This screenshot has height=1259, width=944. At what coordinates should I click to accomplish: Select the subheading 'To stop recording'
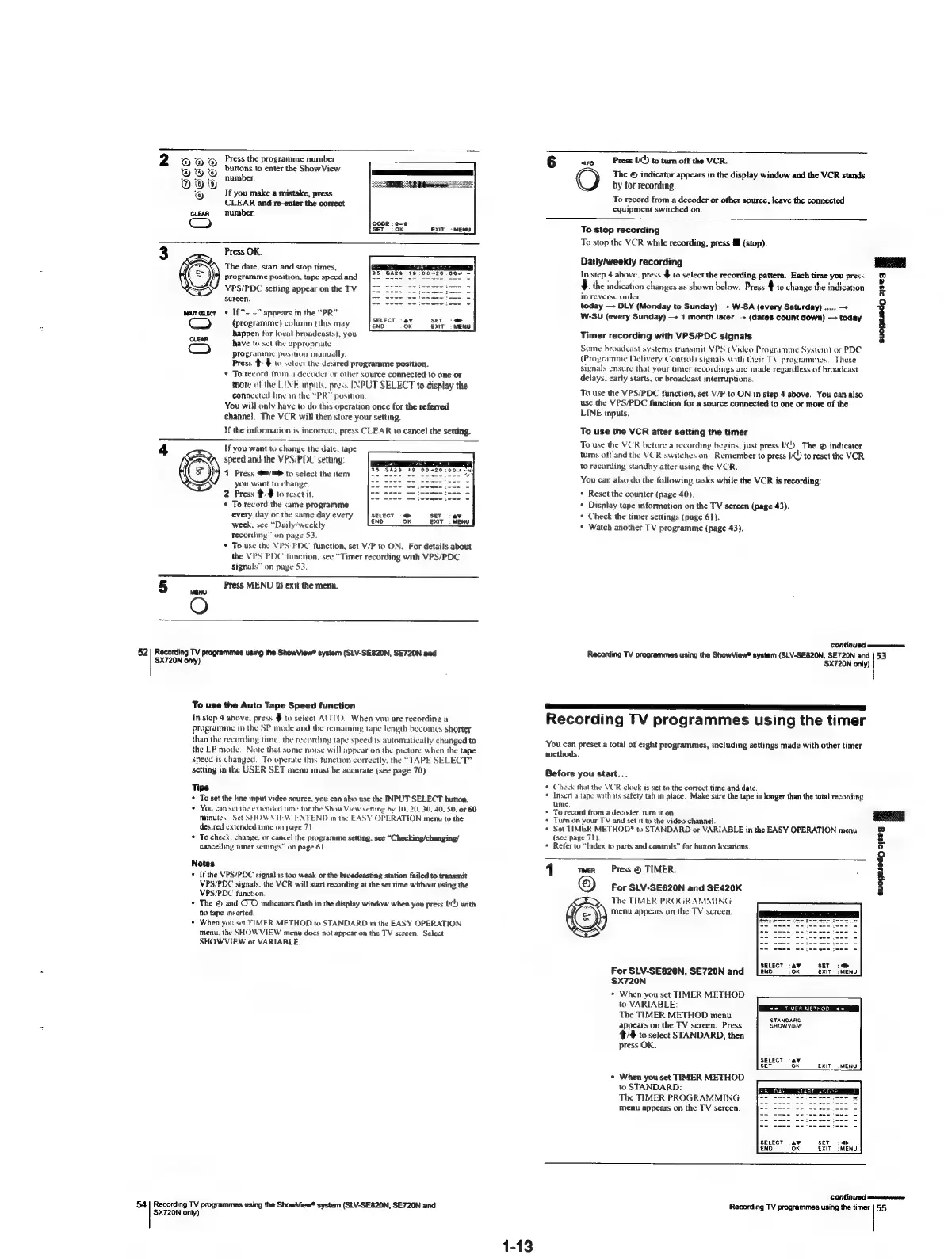coord(620,230)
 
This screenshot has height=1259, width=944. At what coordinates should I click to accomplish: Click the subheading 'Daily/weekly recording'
coord(631,261)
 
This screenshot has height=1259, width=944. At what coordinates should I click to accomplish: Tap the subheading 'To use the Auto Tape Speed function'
coord(273,704)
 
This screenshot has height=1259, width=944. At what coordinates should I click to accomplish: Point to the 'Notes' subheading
coord(202,863)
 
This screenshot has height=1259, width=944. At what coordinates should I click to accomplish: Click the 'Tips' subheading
coord(201,787)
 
